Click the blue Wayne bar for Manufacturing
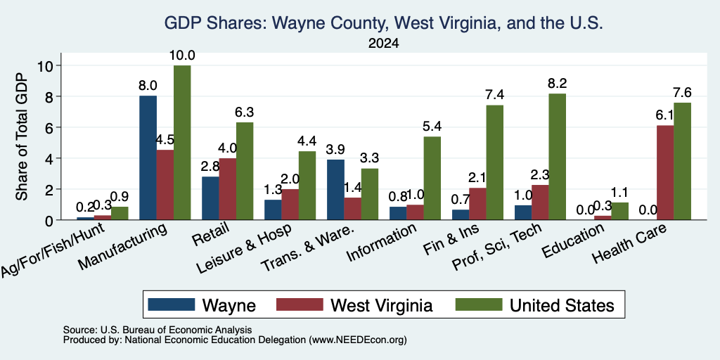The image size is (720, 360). click(x=148, y=157)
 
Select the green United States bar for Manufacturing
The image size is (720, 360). click(x=182, y=142)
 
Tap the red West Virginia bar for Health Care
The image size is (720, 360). click(x=665, y=173)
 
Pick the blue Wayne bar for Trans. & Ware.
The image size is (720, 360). click(x=336, y=190)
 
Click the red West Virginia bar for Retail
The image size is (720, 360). click(x=228, y=189)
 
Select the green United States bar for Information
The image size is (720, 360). click(x=432, y=178)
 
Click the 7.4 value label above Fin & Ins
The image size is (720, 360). click(x=494, y=95)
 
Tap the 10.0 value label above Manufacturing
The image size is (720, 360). click(x=182, y=56)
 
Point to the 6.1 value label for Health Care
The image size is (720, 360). click(x=665, y=115)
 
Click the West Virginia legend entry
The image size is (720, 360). click(x=354, y=305)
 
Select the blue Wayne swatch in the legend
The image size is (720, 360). click(x=172, y=304)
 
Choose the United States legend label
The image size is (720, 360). click(x=562, y=305)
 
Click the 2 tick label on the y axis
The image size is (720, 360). click(x=49, y=189)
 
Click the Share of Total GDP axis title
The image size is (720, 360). click(x=22, y=136)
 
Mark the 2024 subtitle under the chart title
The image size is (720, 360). click(x=383, y=44)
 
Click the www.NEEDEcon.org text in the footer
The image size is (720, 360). click(x=358, y=340)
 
